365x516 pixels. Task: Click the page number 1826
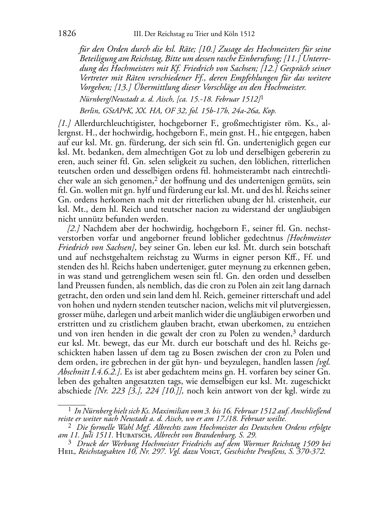point(67,34)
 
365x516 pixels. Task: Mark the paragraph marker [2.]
point(74,229)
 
